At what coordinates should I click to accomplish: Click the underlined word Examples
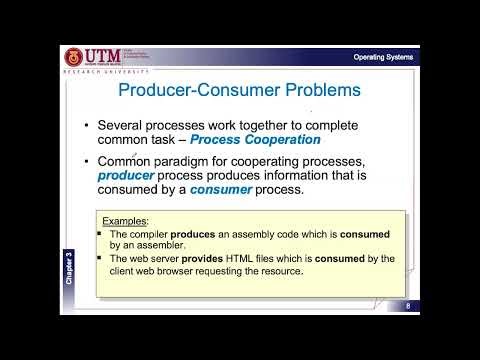click(x=125, y=220)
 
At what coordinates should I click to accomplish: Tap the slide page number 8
click(x=408, y=305)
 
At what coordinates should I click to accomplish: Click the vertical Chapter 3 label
click(x=69, y=268)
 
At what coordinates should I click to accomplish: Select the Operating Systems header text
click(x=383, y=57)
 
